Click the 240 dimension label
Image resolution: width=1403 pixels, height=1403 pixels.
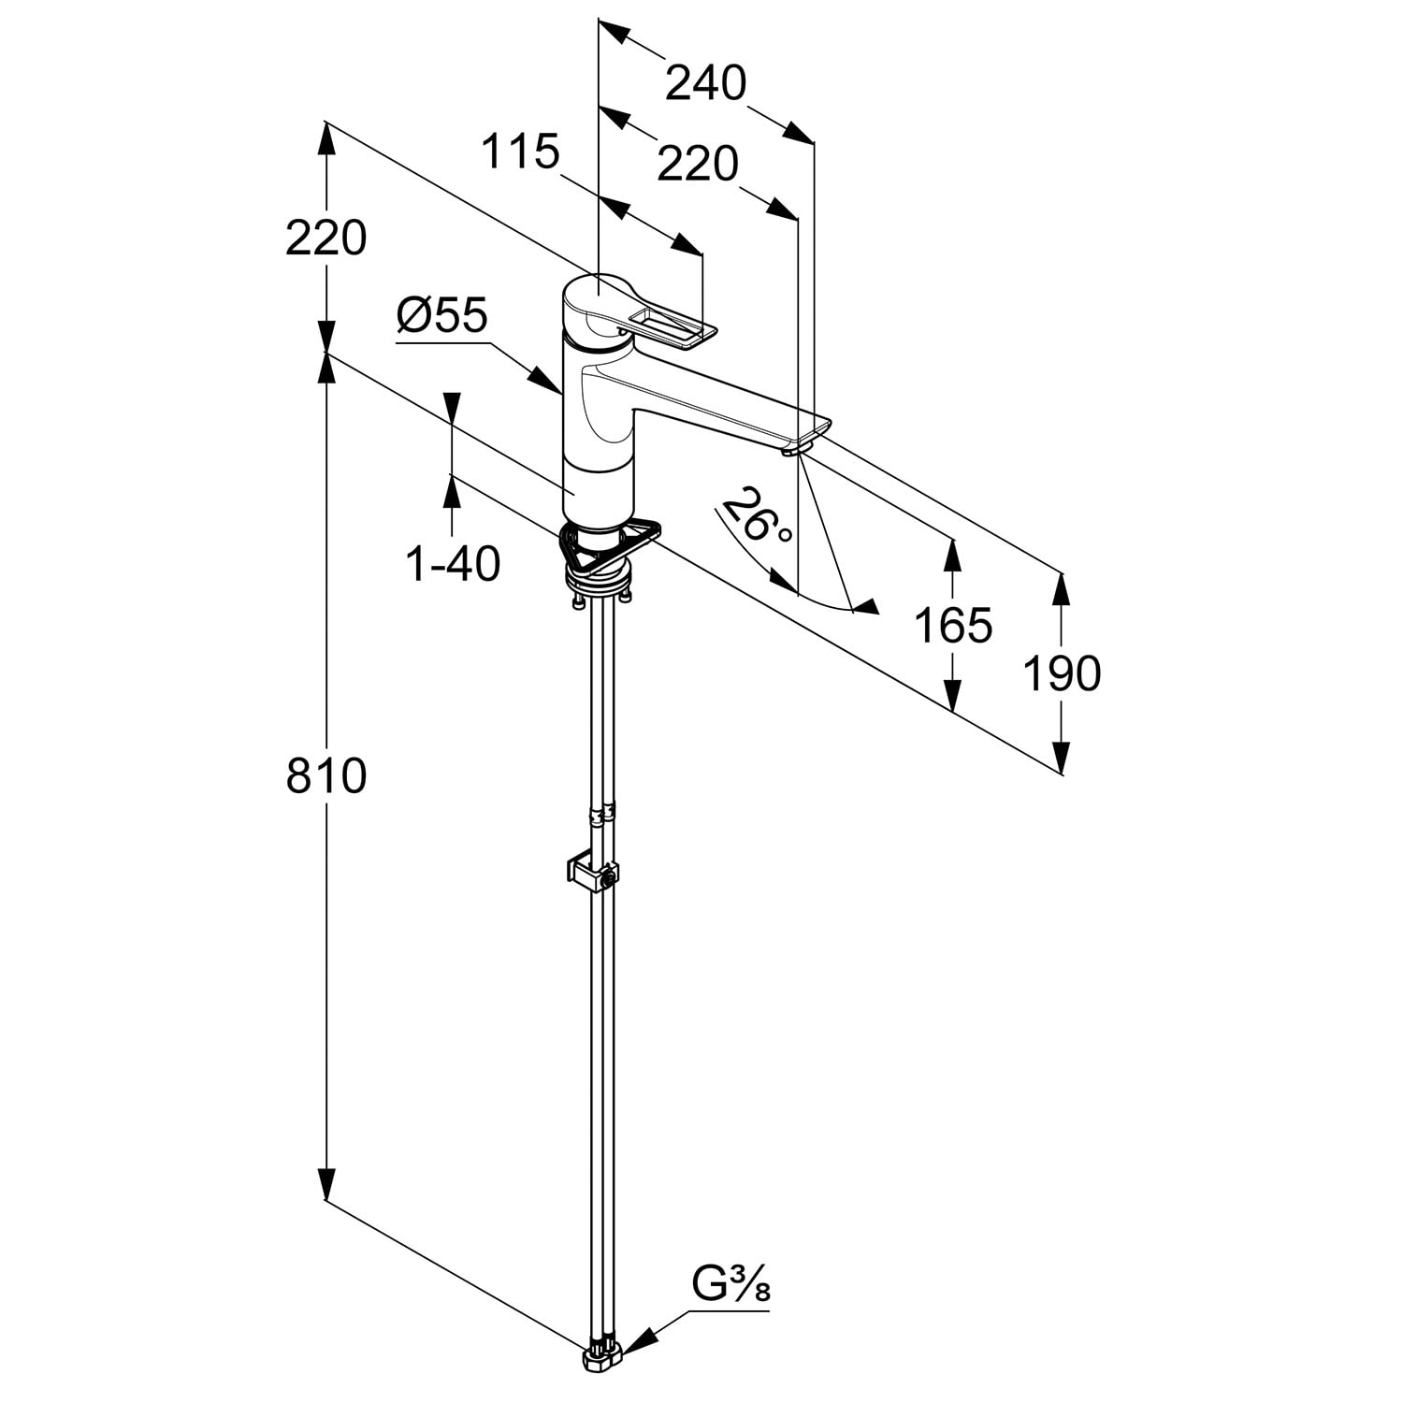click(x=705, y=84)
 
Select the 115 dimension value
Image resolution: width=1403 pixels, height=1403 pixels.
click(x=520, y=152)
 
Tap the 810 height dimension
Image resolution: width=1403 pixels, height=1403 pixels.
click(x=325, y=776)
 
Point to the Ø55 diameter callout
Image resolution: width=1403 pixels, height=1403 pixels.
click(x=441, y=317)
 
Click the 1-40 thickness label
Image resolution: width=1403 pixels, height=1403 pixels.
click(x=453, y=564)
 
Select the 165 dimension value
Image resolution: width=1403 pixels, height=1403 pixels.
click(x=952, y=626)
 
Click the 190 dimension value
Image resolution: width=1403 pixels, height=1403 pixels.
click(x=1061, y=673)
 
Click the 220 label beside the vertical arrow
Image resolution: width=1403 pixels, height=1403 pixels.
click(x=325, y=239)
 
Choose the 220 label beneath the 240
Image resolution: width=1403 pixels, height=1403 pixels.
click(x=698, y=166)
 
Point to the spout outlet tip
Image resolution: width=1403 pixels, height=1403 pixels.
click(x=795, y=450)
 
